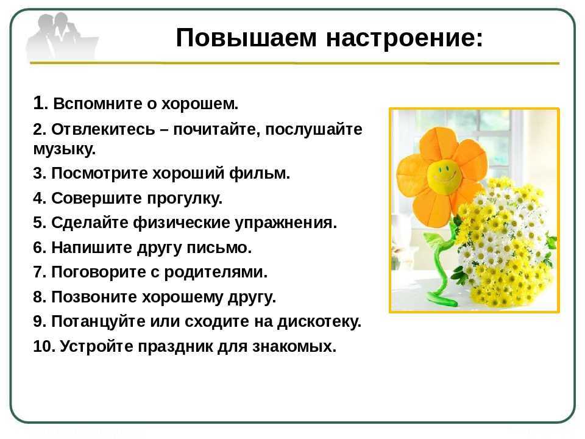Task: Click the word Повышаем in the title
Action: click(x=246, y=38)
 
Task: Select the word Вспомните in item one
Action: click(x=97, y=104)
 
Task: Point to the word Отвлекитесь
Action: click(x=103, y=129)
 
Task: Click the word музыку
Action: click(x=65, y=149)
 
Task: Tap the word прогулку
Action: click(x=185, y=198)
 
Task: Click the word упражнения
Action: click(x=286, y=223)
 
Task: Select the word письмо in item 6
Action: click(x=219, y=248)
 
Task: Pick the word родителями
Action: click(x=216, y=272)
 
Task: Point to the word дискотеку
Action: click(x=319, y=322)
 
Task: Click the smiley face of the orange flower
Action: click(x=445, y=174)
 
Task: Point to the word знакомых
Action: click(x=294, y=346)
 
